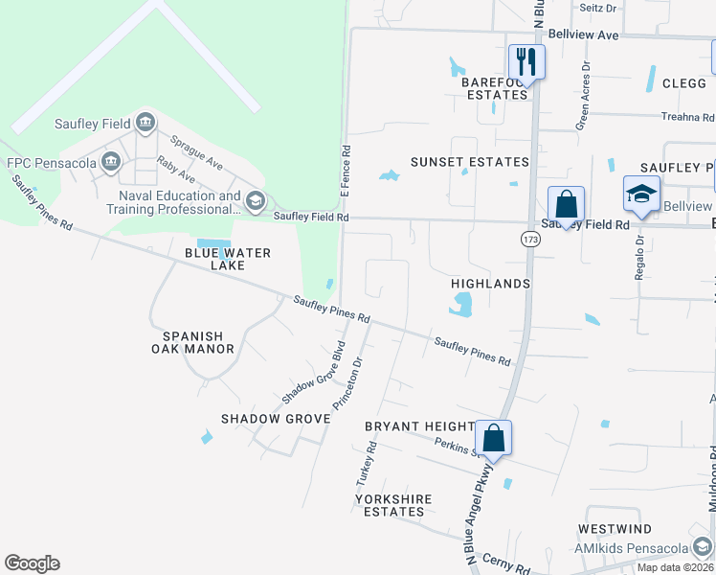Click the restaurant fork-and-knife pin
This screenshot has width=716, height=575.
526,62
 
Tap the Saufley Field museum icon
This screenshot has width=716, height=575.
145,122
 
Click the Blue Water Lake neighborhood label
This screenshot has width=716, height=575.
228,259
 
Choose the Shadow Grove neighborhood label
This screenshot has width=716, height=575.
262,419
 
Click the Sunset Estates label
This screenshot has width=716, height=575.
469,162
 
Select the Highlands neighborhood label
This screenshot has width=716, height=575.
490,285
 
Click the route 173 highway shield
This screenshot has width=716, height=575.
531,239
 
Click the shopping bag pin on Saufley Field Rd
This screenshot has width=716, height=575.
566,204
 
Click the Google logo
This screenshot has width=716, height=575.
32,563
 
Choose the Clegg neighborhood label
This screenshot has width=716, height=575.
683,83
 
